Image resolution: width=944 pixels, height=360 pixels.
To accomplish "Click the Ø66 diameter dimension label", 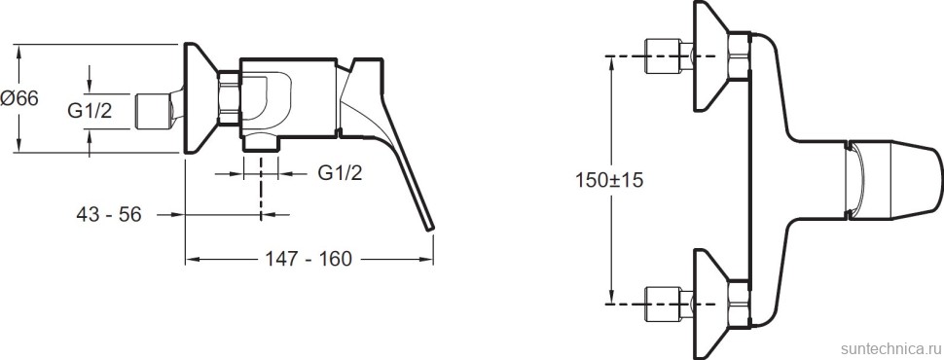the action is pyautogui.click(x=19, y=98).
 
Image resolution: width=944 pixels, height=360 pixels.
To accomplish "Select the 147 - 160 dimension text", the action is pyautogui.click(x=309, y=259).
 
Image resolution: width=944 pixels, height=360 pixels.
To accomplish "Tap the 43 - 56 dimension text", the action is pyautogui.click(x=109, y=214).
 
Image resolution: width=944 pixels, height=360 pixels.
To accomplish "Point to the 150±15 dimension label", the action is pyautogui.click(x=609, y=179).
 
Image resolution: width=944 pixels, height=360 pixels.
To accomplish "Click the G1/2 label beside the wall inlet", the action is pyautogui.click(x=90, y=111).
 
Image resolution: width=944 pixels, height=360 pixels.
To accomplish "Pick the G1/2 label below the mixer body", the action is pyautogui.click(x=341, y=173).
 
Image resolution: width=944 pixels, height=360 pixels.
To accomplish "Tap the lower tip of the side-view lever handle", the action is pyautogui.click(x=430, y=228).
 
